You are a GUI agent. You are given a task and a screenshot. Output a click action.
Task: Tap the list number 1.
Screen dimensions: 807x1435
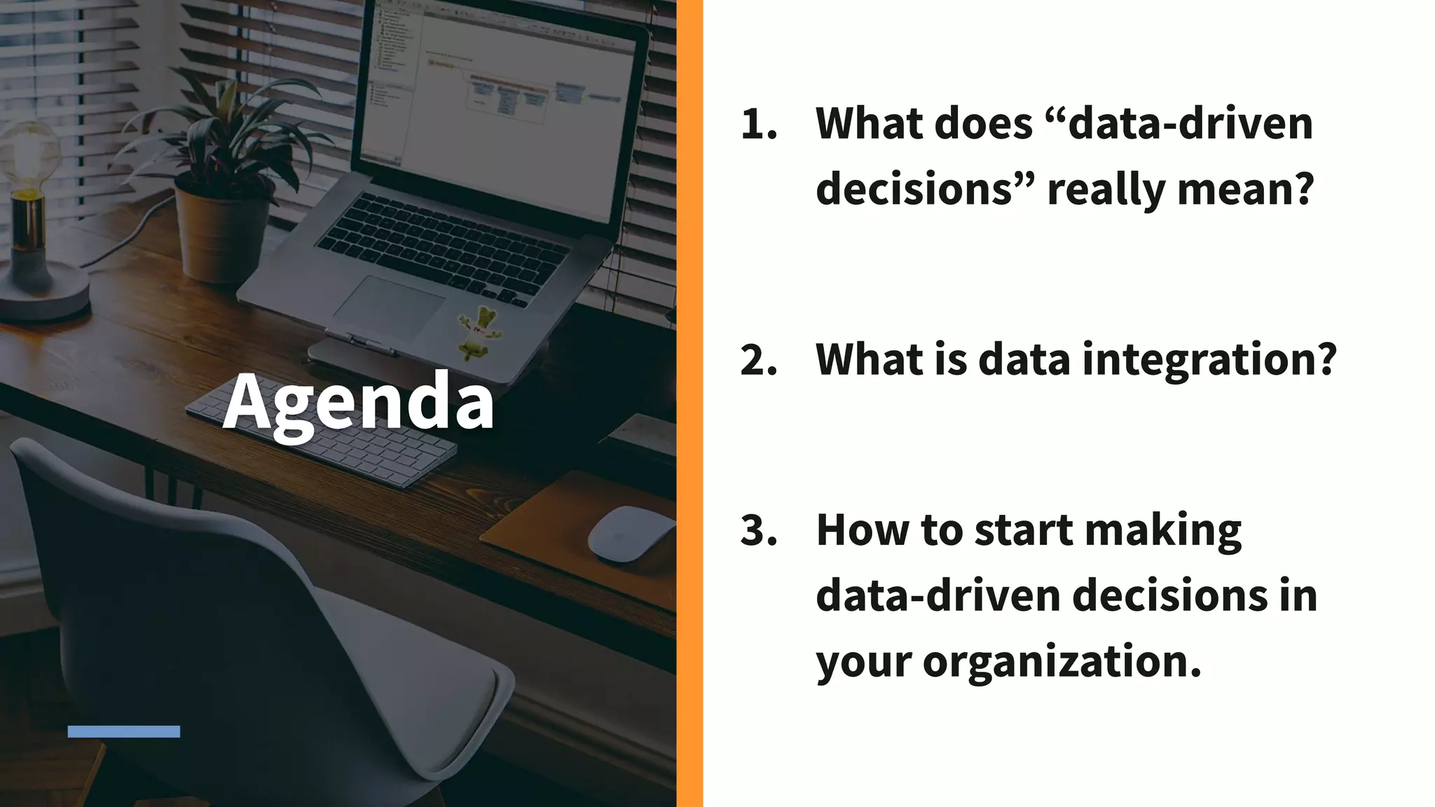pyautogui.click(x=759, y=124)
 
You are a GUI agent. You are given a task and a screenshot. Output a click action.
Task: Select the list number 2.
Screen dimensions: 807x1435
pyautogui.click(x=759, y=360)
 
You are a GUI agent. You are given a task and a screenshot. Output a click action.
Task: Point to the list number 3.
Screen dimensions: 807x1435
pyautogui.click(x=759, y=530)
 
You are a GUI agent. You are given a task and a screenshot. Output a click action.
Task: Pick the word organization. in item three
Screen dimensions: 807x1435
pyautogui.click(x=1062, y=661)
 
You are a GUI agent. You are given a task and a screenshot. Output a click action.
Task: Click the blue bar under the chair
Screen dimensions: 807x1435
pyautogui.click(x=124, y=731)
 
